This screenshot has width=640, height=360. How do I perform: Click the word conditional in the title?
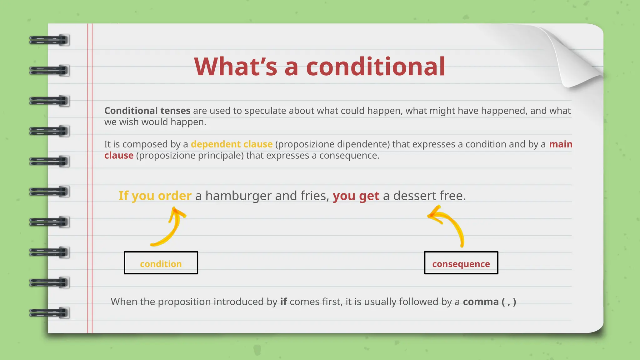tap(375, 67)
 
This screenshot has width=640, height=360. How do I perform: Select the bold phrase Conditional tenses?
tap(147, 111)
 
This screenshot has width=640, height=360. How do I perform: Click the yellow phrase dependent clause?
tap(232, 144)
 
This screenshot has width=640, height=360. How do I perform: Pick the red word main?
tap(561, 144)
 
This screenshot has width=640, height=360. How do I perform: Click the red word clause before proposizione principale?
tap(119, 155)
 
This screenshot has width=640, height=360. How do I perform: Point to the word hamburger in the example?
tap(238, 196)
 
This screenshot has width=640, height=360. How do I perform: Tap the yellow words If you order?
tap(155, 196)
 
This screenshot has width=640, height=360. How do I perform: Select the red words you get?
tap(356, 196)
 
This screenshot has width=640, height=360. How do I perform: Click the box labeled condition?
tap(161, 263)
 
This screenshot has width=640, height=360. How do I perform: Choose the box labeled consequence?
tap(461, 263)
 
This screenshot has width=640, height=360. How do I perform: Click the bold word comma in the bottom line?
tap(481, 302)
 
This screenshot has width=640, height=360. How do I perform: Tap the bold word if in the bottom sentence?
tap(283, 302)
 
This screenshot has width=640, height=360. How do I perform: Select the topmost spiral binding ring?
tap(49, 40)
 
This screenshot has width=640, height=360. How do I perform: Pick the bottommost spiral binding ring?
tap(49, 313)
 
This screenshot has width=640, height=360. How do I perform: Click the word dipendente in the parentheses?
tap(363, 144)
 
